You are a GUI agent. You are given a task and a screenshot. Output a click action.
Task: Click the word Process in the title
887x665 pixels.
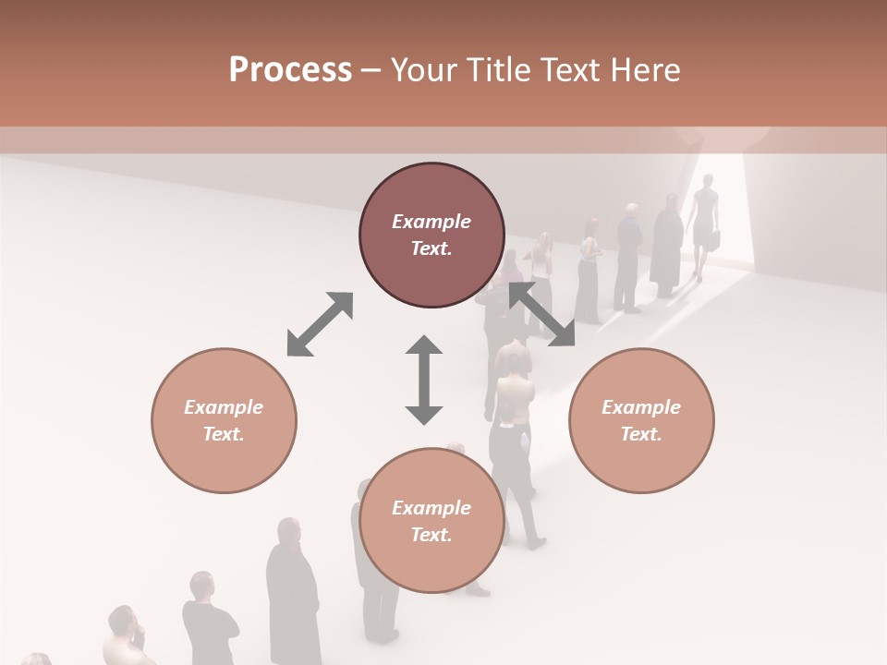290,69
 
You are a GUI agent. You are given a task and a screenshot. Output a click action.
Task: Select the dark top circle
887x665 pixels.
431,236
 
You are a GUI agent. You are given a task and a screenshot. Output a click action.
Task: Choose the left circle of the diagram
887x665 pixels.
224,420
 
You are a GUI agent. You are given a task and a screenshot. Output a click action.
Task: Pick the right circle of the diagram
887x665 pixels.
641,420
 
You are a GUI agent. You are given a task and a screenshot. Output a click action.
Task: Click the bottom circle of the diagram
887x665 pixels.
431,521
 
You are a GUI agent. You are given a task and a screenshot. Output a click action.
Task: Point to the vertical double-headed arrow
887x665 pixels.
424,380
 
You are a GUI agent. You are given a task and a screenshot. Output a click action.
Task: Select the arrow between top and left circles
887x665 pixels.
320,324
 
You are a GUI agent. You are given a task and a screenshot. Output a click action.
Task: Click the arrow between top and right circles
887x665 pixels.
541,315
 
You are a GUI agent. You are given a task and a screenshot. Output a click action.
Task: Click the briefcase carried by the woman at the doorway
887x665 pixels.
714,239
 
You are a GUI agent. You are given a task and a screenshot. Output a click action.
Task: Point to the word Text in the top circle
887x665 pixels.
431,248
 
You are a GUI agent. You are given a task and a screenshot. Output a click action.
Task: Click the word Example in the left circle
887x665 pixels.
224,407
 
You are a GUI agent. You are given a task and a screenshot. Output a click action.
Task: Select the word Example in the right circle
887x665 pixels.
641,407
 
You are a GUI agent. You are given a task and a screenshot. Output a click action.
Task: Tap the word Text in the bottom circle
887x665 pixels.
431,535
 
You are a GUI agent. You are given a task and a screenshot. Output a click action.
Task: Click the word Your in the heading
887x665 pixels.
420,69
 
